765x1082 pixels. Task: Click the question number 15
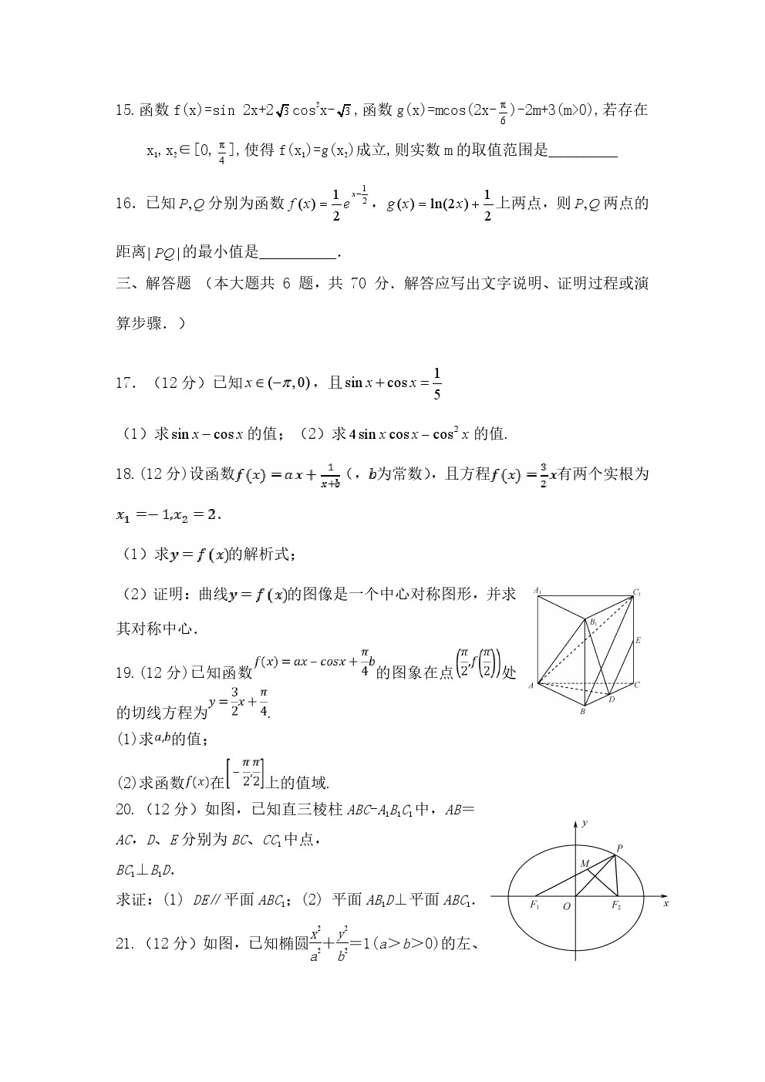(125, 110)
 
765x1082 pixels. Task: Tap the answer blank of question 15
(583, 152)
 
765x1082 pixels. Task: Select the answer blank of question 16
(298, 253)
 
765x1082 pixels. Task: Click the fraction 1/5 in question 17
(437, 383)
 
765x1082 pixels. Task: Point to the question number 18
(125, 474)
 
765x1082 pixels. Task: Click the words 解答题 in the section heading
(168, 284)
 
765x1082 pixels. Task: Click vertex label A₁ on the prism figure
(538, 591)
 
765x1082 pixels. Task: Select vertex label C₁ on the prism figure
(637, 592)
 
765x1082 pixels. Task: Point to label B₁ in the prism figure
(594, 622)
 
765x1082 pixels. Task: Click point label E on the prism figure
(638, 640)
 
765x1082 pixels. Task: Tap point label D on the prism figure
(612, 699)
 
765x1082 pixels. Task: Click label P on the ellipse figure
(619, 848)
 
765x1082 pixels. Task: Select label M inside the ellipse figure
(585, 864)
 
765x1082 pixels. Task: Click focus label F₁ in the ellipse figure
(534, 905)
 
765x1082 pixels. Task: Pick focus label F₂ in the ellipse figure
(616, 905)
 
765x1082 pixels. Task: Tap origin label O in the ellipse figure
(567, 906)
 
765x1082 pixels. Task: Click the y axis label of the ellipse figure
(585, 824)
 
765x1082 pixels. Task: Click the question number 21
(125, 942)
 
